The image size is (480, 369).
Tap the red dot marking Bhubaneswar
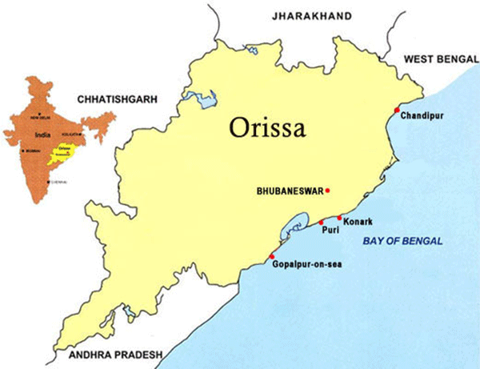click(328, 191)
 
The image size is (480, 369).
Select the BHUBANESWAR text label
click(289, 191)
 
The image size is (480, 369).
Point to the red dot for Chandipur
click(398, 110)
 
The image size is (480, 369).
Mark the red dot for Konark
click(339, 218)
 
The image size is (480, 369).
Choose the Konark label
click(356, 221)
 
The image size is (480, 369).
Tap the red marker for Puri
click(322, 222)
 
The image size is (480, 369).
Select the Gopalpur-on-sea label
click(307, 264)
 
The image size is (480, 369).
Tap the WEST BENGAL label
click(438, 58)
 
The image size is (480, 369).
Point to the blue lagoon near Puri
click(289, 228)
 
